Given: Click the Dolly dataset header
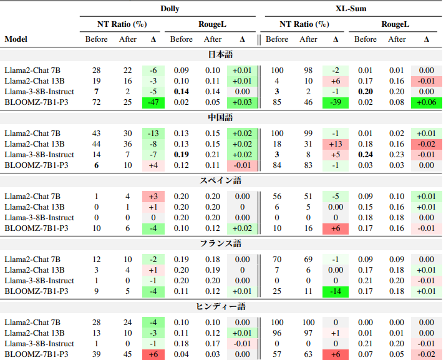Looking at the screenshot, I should (x=169, y=8).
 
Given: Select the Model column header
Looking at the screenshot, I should (x=16, y=39).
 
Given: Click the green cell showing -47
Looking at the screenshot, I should (x=153, y=102).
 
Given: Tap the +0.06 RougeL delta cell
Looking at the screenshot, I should (x=427, y=102).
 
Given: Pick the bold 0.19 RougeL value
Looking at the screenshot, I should (x=182, y=155).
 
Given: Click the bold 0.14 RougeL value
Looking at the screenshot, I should (x=182, y=92).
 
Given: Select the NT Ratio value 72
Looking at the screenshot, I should (x=97, y=102).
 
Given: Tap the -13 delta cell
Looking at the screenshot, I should (x=153, y=134).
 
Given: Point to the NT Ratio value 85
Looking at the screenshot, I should (x=277, y=102).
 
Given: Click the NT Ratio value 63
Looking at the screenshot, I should (x=308, y=354).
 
